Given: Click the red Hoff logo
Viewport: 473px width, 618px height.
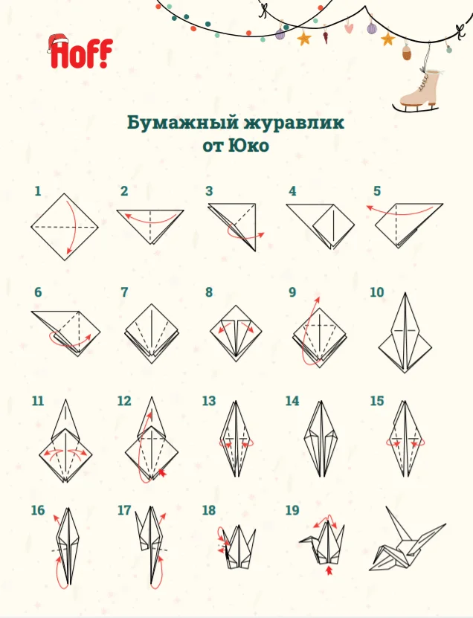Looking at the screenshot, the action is click(81, 52).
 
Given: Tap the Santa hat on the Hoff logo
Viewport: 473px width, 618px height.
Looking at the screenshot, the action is click(57, 42).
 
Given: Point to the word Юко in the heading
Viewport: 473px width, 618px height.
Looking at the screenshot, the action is click(249, 146).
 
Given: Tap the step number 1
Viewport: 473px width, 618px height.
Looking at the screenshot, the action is click(38, 191).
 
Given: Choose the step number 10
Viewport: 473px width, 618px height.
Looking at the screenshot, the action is click(377, 292).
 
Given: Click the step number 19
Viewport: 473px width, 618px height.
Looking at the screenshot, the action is click(292, 510).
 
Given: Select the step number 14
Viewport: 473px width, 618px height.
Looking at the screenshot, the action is click(292, 401).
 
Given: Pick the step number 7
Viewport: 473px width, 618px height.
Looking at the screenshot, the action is click(124, 292).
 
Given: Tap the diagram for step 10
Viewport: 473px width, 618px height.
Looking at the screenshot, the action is click(405, 332).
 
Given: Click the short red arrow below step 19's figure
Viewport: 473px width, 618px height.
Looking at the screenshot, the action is click(330, 570).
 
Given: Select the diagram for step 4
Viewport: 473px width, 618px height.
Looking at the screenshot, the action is click(320, 226).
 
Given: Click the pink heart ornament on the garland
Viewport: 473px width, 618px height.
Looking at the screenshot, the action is click(350, 28).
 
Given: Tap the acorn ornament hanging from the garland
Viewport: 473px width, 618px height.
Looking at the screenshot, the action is click(407, 52).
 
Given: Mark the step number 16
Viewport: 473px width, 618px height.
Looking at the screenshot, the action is click(38, 510).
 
